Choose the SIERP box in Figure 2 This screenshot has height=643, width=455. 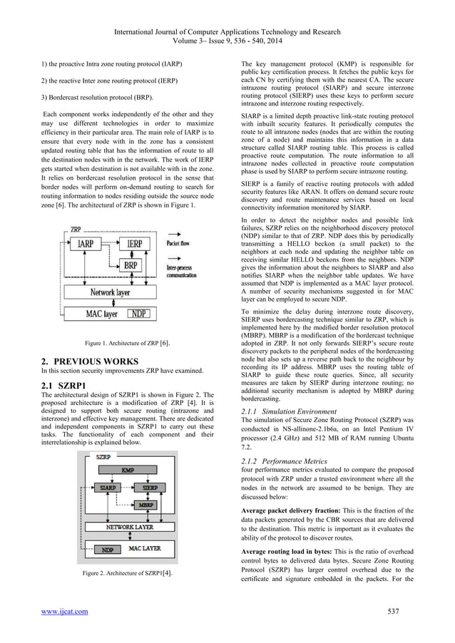(149, 488)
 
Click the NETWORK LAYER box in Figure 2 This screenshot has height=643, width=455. (129, 527)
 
